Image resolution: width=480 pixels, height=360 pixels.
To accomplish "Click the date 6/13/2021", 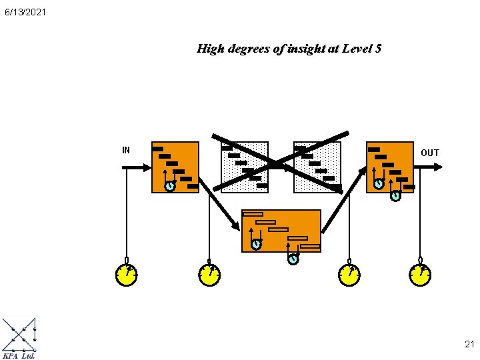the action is (24, 12).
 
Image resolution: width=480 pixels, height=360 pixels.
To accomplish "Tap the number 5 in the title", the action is (378, 49).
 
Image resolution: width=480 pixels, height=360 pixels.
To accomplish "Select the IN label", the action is (126, 150).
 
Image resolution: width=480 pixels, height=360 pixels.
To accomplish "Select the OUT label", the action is (430, 153).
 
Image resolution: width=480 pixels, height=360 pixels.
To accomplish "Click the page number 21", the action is (469, 345).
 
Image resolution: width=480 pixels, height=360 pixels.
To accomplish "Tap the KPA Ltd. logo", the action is (19, 339).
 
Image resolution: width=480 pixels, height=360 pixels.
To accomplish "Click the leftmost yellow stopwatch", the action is (127, 275).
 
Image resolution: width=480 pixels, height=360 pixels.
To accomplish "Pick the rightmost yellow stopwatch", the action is (420, 275).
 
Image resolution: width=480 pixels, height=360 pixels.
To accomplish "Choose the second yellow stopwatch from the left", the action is (209, 275).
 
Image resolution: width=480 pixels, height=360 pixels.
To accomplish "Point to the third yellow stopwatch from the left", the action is (349, 275).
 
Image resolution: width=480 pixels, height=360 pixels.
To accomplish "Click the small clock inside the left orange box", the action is (170, 186).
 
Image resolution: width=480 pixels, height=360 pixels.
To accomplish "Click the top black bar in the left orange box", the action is (158, 149).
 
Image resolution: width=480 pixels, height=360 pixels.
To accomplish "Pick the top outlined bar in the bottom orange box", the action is (253, 214).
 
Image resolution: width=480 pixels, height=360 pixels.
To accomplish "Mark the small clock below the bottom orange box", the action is (293, 259).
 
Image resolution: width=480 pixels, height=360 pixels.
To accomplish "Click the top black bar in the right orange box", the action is (374, 149).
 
